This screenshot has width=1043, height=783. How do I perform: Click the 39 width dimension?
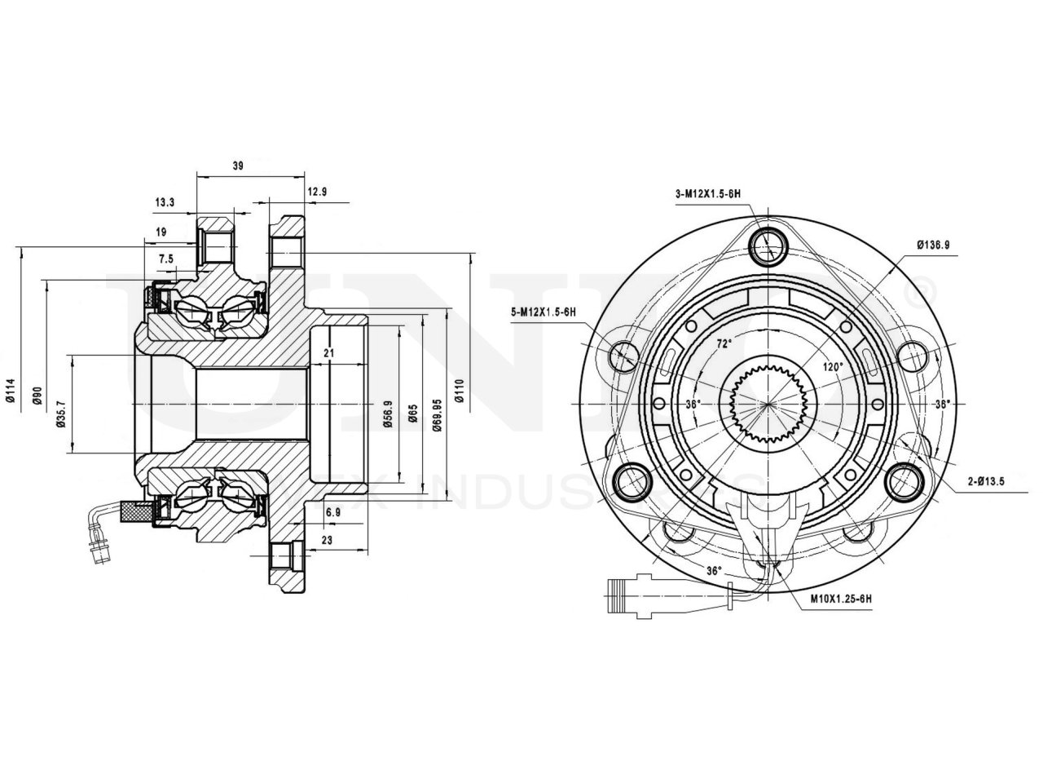238,166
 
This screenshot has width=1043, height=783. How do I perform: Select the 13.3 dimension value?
164,202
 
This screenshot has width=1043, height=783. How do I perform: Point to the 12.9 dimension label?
317,192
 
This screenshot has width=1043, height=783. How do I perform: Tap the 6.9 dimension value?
332,512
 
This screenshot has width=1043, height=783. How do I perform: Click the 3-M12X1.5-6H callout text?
707,193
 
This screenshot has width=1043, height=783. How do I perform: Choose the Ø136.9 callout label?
933,244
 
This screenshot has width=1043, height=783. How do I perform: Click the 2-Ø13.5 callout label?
986,481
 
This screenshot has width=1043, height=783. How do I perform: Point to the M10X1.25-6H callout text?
841,599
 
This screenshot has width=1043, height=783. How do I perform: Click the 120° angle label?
832,367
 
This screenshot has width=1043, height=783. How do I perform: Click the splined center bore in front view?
768,403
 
